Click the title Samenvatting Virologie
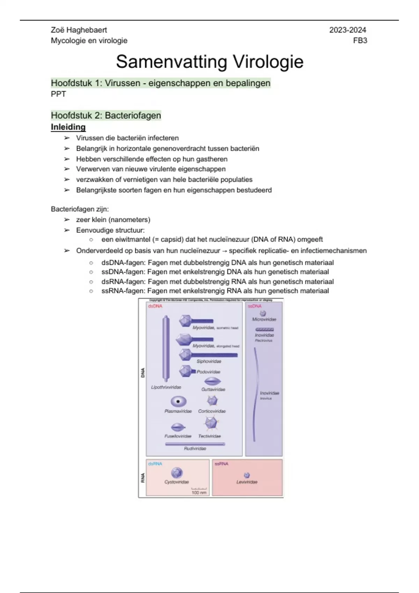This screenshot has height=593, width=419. coord(209,62)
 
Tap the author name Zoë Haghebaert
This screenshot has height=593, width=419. coord(79,30)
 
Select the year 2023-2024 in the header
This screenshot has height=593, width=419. coord(347,30)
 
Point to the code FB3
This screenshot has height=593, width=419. coord(360,40)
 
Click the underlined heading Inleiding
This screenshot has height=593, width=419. coord(68,127)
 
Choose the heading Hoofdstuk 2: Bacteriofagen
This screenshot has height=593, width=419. coord(106,115)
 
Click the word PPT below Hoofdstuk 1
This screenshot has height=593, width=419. coord(58,94)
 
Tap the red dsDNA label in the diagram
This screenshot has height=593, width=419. coord(155,306)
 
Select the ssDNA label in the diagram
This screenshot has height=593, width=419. coord(255,306)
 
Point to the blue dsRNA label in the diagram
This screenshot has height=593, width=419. coord(155,464)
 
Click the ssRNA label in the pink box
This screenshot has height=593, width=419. coord(221,464)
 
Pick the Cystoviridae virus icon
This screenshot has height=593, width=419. coord(177,473)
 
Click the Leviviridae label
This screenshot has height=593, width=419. coord(247,482)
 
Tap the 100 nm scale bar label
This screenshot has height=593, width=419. coord(199,493)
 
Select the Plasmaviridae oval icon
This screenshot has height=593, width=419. coord(178,401)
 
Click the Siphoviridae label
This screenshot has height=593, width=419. coord(209,361)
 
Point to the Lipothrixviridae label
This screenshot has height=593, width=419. coord(166,387)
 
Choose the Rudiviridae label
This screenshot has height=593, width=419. coord(195,449)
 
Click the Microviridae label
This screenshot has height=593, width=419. coord(264,320)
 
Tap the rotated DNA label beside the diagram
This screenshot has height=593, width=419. coord(142,373)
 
